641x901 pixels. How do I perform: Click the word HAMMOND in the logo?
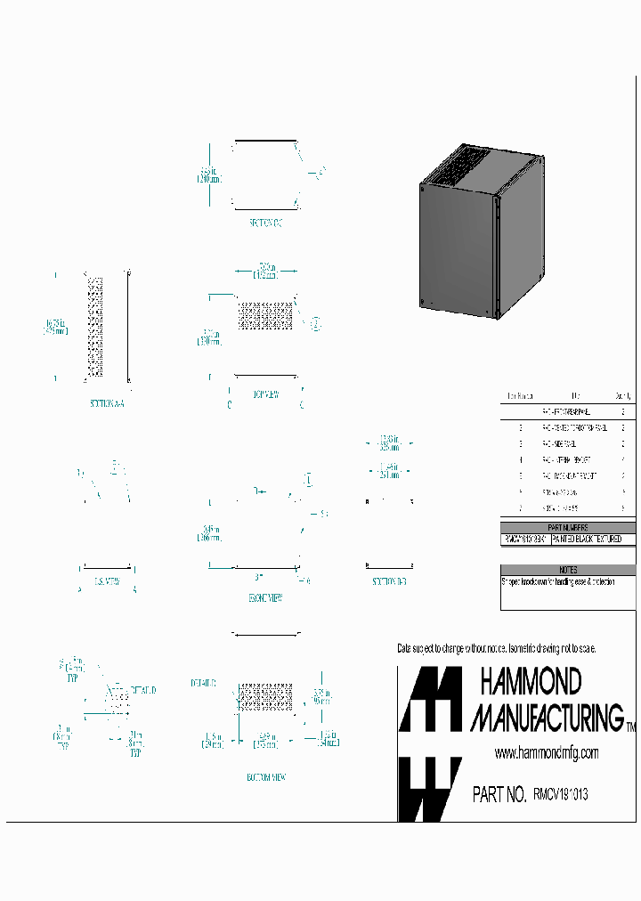[x=531, y=682]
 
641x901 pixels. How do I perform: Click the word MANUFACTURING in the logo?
[x=546, y=717]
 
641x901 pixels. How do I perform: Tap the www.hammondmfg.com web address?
[x=546, y=753]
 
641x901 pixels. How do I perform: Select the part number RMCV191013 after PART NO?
[x=560, y=793]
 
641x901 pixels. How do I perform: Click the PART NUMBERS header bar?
[x=569, y=527]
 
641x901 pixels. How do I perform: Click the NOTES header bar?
[x=569, y=570]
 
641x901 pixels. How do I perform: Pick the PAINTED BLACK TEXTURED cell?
[x=593, y=540]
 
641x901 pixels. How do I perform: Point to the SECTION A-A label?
[x=108, y=403]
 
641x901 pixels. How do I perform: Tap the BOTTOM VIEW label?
[x=266, y=777]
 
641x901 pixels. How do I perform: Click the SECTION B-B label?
[x=390, y=581]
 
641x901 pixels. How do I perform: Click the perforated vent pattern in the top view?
[x=265, y=316]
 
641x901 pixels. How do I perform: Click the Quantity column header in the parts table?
[x=623, y=396]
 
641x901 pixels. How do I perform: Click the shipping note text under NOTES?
[x=558, y=581]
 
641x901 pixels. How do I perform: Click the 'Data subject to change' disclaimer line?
[x=496, y=648]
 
